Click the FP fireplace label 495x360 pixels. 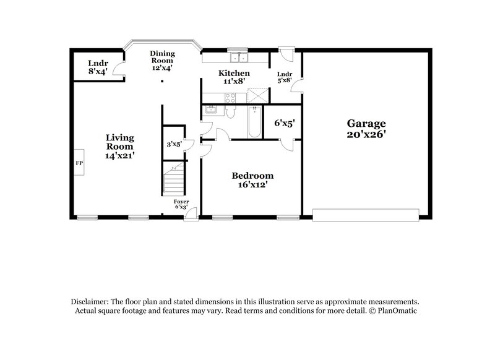pos(79,164)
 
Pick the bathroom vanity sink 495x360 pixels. pos(210,110)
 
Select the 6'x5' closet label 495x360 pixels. pos(284,123)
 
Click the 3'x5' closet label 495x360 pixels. pos(174,145)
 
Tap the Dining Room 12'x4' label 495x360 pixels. pos(163,61)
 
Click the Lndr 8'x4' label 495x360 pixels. pos(97,67)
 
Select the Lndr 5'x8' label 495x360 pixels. pos(285,77)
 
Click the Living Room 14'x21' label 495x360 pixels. pos(119,147)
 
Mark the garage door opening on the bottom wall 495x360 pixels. pos(365,215)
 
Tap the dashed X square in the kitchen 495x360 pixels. pos(257,96)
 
